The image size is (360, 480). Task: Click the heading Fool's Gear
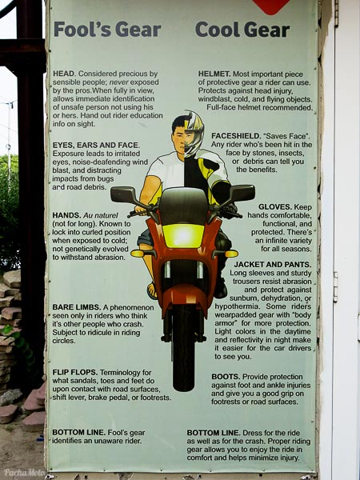click(107, 30)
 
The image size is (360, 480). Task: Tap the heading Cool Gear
click(242, 30)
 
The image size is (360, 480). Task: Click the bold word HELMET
click(214, 74)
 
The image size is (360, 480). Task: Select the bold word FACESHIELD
click(236, 136)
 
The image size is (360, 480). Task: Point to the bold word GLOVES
click(275, 207)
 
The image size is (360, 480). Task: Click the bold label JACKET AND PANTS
click(273, 264)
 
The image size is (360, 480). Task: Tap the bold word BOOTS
click(226, 377)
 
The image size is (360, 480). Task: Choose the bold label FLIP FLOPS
click(75, 372)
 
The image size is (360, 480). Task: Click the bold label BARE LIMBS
click(77, 307)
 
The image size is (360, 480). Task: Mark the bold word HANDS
click(66, 215)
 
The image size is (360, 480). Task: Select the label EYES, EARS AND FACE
click(96, 145)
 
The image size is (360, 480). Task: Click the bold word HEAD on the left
click(64, 74)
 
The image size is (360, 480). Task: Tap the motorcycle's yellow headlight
click(183, 235)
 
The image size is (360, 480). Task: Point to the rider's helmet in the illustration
click(194, 133)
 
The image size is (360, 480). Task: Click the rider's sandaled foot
click(152, 290)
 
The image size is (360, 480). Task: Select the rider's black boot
click(221, 289)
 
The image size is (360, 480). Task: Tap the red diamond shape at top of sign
click(271, 6)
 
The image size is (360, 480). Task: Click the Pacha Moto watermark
click(25, 472)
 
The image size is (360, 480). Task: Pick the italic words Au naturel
click(101, 215)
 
